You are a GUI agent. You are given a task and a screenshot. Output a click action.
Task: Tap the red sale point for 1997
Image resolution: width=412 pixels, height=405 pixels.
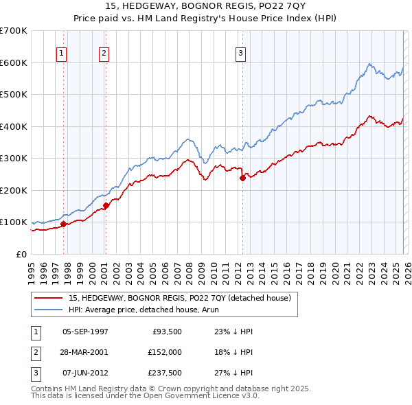[63, 224]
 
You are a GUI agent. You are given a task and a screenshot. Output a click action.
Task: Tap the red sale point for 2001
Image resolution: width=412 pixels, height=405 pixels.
[106, 205]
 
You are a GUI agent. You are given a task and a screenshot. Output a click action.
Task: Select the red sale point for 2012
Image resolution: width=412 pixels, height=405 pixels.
[242, 178]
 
